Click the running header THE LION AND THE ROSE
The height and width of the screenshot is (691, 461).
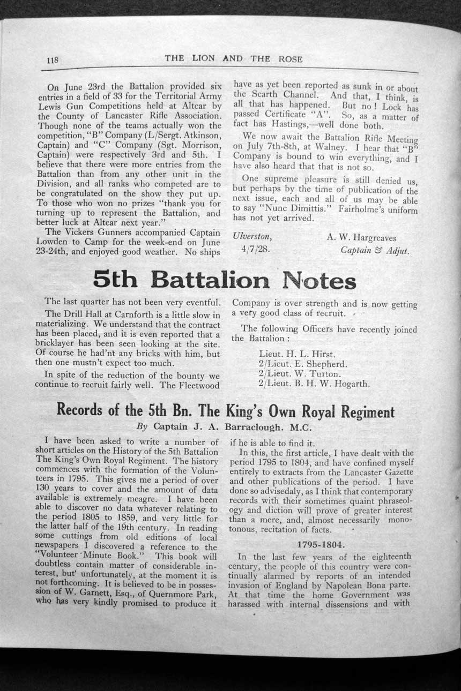coord(233,58)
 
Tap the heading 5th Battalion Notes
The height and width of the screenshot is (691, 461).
coord(225,280)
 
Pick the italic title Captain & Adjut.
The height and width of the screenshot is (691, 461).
coord(375,250)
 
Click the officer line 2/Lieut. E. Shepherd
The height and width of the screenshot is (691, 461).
coord(303,364)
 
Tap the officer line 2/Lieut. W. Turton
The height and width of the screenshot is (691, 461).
coord(299,374)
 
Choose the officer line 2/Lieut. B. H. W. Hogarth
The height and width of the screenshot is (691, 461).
coord(314,384)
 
